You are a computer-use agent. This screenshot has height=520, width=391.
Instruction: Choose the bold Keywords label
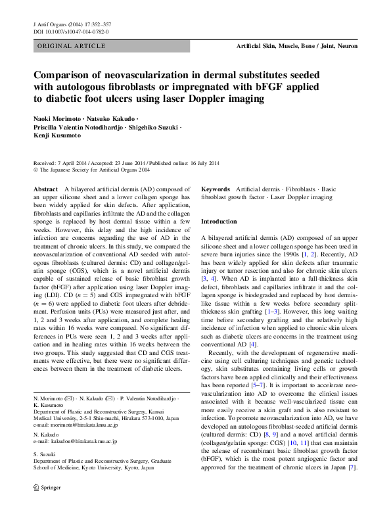[215, 188]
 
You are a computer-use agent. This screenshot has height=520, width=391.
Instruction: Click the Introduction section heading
[218, 222]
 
